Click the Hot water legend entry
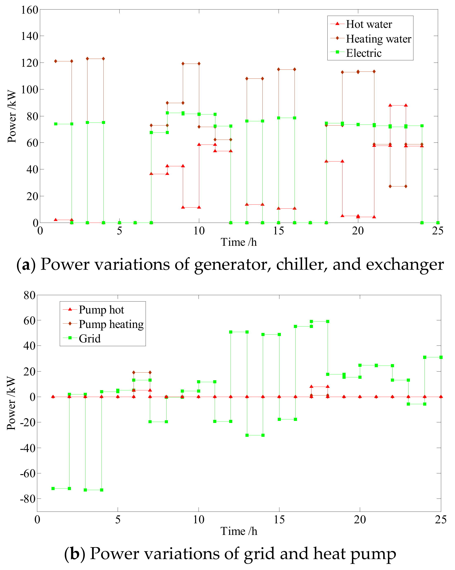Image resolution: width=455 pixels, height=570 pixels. tap(369, 24)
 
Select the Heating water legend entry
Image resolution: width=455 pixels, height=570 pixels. tap(378, 39)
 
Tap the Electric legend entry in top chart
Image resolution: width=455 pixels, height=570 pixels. tap(363, 53)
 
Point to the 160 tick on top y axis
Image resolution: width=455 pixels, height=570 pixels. tap(29, 10)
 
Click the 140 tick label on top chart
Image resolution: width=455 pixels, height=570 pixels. tap(29, 36)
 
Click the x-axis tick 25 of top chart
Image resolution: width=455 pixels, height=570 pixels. tap(437, 231)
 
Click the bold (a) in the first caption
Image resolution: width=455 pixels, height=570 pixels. tap(26, 265)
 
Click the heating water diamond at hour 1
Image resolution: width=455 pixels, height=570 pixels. tap(56, 61)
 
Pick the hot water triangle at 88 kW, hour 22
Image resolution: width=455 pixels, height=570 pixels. tap(390, 105)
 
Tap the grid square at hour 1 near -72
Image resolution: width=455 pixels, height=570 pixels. tap(53, 489)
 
